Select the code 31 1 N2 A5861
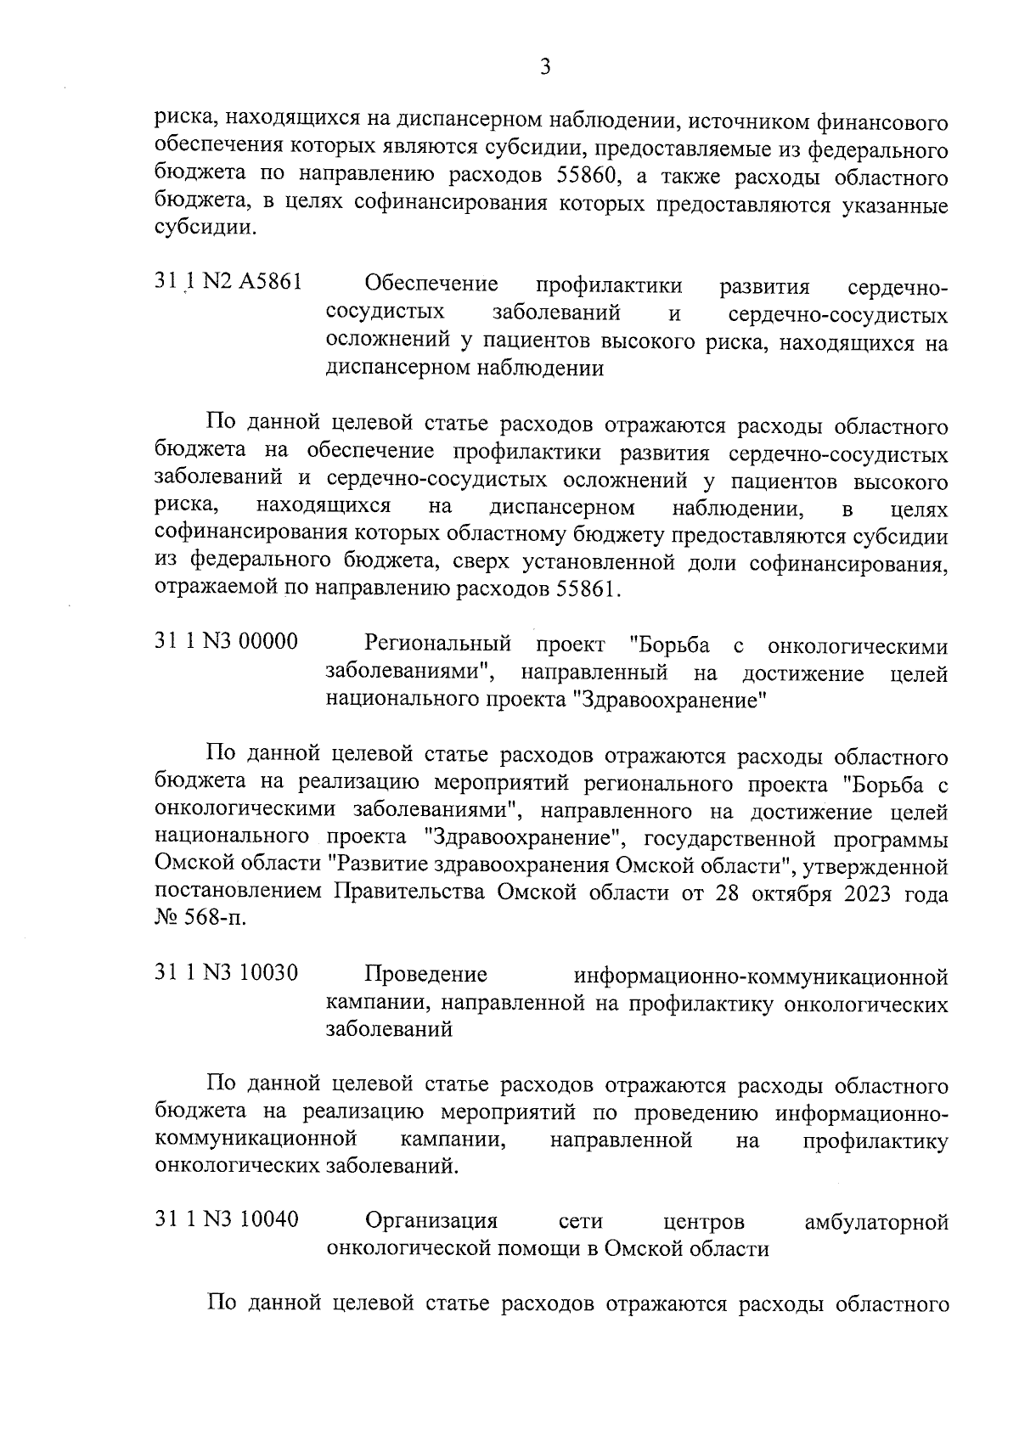click(228, 282)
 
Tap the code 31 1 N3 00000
click(227, 642)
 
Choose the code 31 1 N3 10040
click(227, 1221)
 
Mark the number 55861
click(588, 589)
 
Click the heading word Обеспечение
click(431, 284)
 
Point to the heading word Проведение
click(426, 974)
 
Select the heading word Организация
click(431, 1222)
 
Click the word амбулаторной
click(875, 1223)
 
